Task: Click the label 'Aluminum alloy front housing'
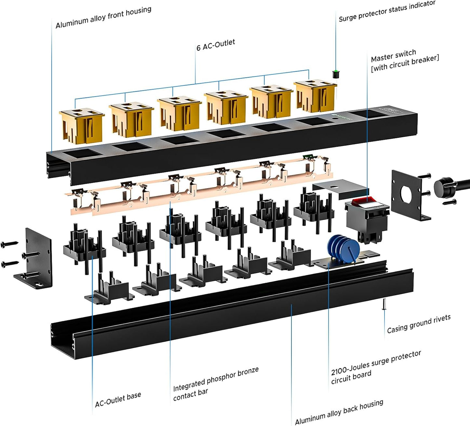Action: click(x=103, y=18)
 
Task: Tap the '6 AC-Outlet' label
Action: click(x=215, y=45)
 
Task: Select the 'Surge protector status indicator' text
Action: click(x=387, y=11)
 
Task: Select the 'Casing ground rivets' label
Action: click(x=419, y=324)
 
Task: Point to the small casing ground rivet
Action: click(x=384, y=304)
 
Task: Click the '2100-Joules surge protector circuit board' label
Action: click(x=376, y=367)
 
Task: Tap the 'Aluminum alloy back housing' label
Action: click(x=339, y=412)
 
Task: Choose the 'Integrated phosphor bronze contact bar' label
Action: click(x=215, y=384)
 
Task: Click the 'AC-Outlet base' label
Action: click(x=118, y=400)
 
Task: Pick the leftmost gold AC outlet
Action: click(x=82, y=125)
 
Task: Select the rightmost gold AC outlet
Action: click(x=315, y=96)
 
